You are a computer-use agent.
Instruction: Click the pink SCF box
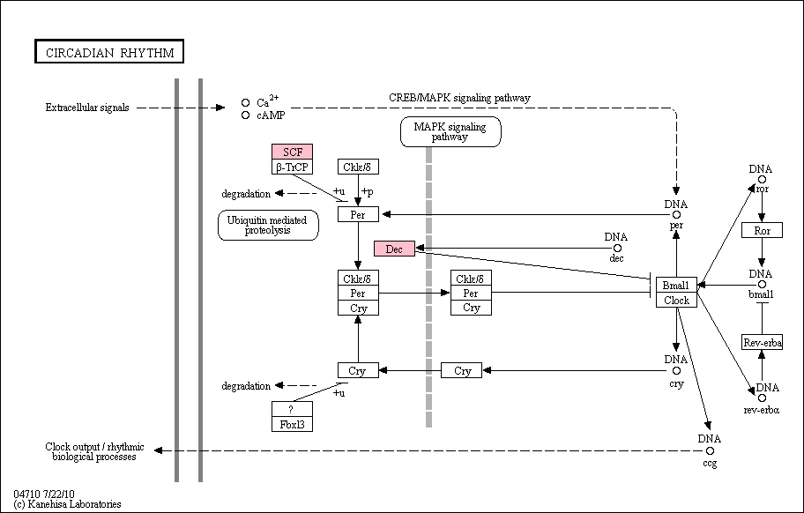pos(293,152)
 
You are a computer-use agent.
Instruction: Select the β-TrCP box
pos(293,167)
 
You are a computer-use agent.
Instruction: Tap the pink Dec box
pos(394,249)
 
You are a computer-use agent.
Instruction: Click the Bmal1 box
pos(676,285)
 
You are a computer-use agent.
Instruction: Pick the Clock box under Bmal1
pos(676,301)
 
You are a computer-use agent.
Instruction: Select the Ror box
pos(762,230)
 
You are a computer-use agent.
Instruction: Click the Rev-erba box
pos(762,342)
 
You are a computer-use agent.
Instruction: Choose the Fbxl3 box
pos(293,424)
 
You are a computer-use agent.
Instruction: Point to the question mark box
pos(293,409)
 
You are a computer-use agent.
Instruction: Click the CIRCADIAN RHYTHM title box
pos(109,51)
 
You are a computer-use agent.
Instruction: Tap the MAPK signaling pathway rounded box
pos(450,131)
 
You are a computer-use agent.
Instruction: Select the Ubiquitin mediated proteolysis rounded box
pos(268,225)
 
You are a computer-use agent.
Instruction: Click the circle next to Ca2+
pos(246,102)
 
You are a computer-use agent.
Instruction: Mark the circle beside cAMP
pos(246,115)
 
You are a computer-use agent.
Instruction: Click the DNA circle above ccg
pos(710,451)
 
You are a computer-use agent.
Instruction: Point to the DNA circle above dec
pos(617,248)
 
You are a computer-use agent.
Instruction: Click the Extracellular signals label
pos(87,108)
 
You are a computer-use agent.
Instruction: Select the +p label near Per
pos(367,191)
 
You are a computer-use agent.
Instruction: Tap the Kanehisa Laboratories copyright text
pos(67,504)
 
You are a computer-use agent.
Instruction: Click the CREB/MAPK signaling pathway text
pos(459,98)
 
